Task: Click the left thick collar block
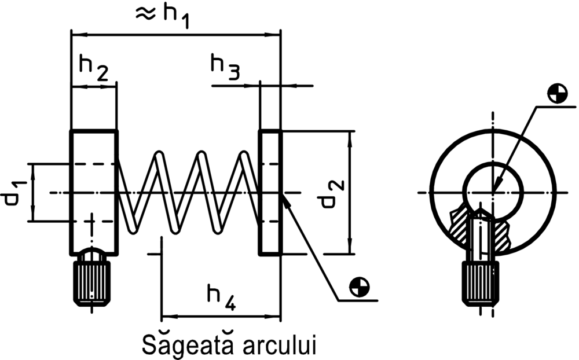pos(94,192)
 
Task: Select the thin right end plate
pos(270,192)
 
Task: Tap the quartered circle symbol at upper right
pos(558,93)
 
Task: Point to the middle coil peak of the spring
pos(201,155)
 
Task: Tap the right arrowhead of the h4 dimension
pos(275,317)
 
